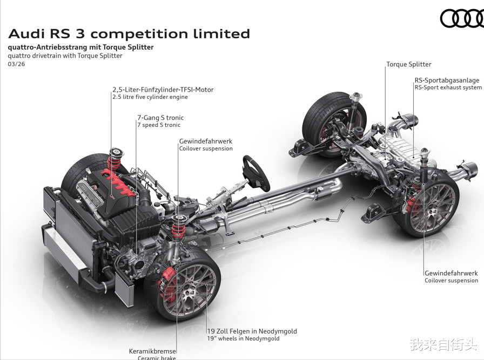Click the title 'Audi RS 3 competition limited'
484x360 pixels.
[x=129, y=33]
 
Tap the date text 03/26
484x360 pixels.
[x=16, y=64]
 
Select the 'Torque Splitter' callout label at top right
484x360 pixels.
[x=408, y=64]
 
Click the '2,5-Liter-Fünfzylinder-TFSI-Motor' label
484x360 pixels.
[x=163, y=90]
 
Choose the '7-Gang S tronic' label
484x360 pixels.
[x=160, y=118]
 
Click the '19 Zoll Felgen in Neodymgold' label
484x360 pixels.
[x=252, y=331]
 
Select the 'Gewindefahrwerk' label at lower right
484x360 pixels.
[x=451, y=273]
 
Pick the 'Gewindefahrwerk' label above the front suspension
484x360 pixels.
[x=206, y=141]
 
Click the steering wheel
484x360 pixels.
[x=256, y=173]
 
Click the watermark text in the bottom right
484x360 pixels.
[x=442, y=344]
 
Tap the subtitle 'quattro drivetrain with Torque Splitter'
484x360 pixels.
[x=65, y=56]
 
